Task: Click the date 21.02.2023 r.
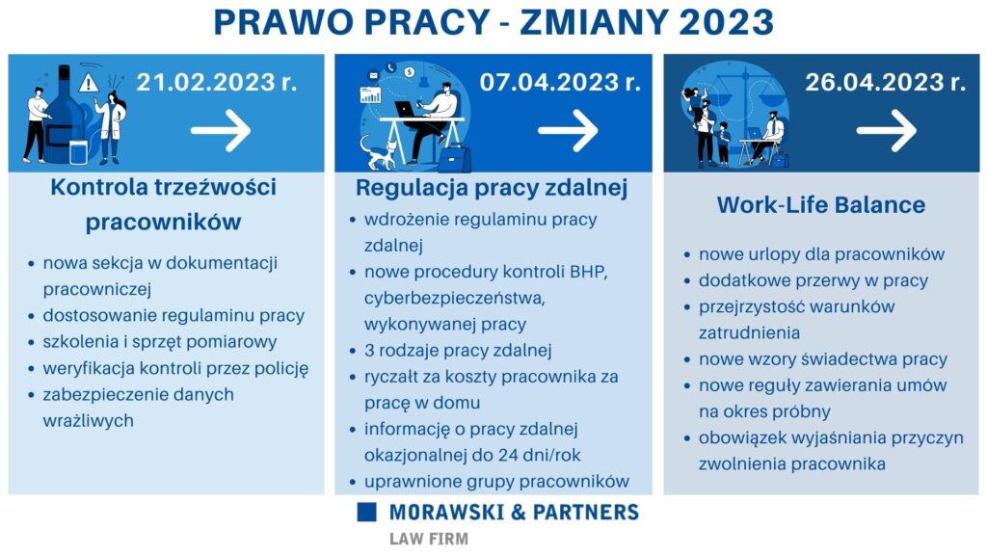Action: pyautogui.click(x=216, y=82)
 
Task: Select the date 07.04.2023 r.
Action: pyautogui.click(x=560, y=82)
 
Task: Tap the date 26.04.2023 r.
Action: pyautogui.click(x=885, y=82)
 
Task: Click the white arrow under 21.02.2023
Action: pyautogui.click(x=221, y=130)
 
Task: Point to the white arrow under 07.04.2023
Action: pyautogui.click(x=569, y=130)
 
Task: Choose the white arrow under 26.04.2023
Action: pyautogui.click(x=887, y=130)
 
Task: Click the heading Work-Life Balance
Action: pyautogui.click(x=821, y=205)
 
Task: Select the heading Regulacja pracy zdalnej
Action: pyautogui.click(x=492, y=188)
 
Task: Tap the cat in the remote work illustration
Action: pyautogui.click(x=378, y=153)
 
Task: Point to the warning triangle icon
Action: pyautogui.click(x=89, y=83)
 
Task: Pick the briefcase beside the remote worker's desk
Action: pyautogui.click(x=455, y=159)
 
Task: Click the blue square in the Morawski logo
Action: pyautogui.click(x=366, y=512)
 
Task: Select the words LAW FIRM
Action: pyautogui.click(x=429, y=540)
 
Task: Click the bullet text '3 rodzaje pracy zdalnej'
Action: pyautogui.click(x=458, y=351)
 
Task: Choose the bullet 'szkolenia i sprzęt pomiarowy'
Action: pyautogui.click(x=160, y=342)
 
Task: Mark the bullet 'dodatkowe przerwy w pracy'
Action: pyautogui.click(x=814, y=280)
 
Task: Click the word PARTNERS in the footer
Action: pyautogui.click(x=586, y=513)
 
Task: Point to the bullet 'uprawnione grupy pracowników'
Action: pyautogui.click(x=496, y=482)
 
